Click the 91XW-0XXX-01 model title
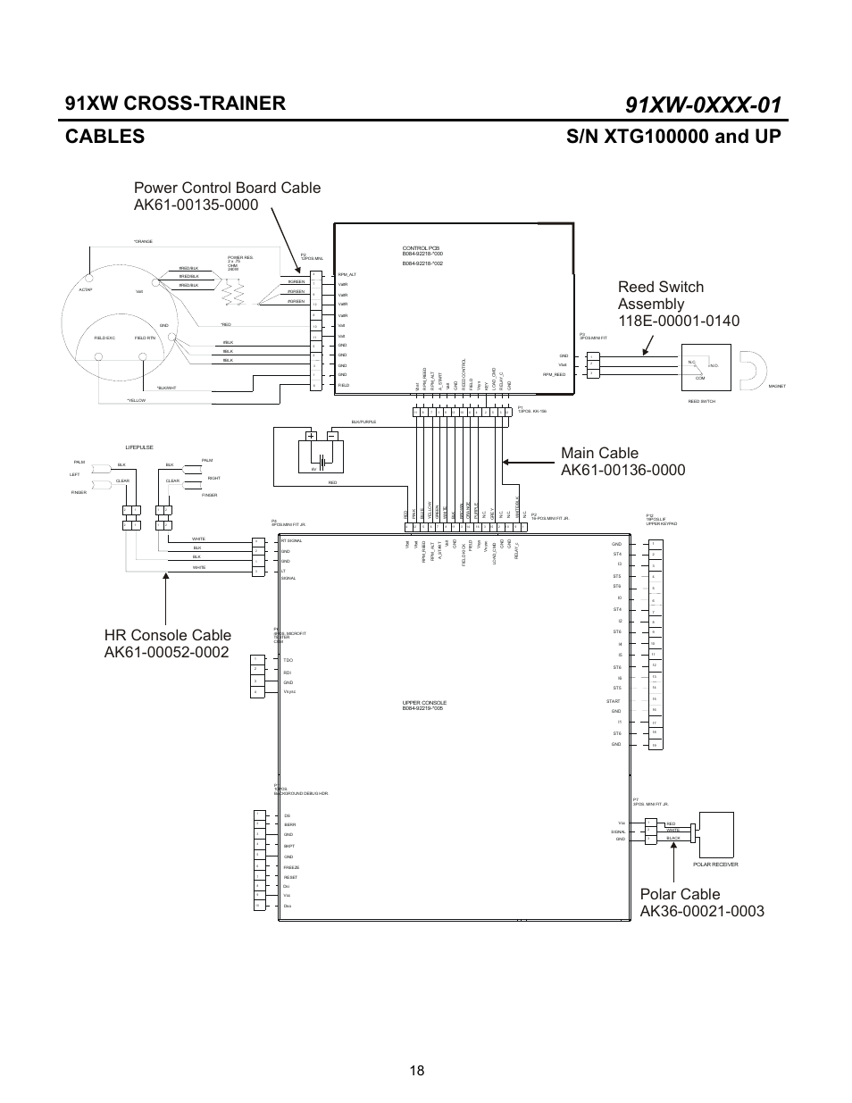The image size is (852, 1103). pos(704,104)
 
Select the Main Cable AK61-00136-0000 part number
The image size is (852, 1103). pos(623,470)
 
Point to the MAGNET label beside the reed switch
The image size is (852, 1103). pos(776,386)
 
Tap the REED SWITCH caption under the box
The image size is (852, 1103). pos(701,402)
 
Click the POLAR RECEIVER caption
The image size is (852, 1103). pos(715,865)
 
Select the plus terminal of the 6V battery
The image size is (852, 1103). pos(312,436)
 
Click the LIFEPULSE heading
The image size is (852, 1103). pos(139,447)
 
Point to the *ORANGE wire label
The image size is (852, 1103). pos(143,241)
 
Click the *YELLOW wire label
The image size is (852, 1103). pos(136,400)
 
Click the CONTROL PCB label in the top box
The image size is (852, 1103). pos(422,249)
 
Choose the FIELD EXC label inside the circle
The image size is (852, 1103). pos(104,338)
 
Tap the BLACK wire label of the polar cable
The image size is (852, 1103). pos(673,839)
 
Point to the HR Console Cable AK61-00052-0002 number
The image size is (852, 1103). pos(167,652)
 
